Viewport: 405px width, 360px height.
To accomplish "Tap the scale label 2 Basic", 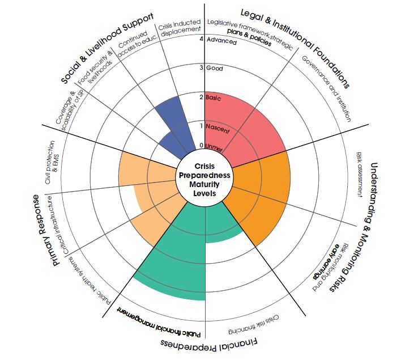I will (214, 98).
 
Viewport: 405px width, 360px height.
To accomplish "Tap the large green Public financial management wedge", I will (170, 261).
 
